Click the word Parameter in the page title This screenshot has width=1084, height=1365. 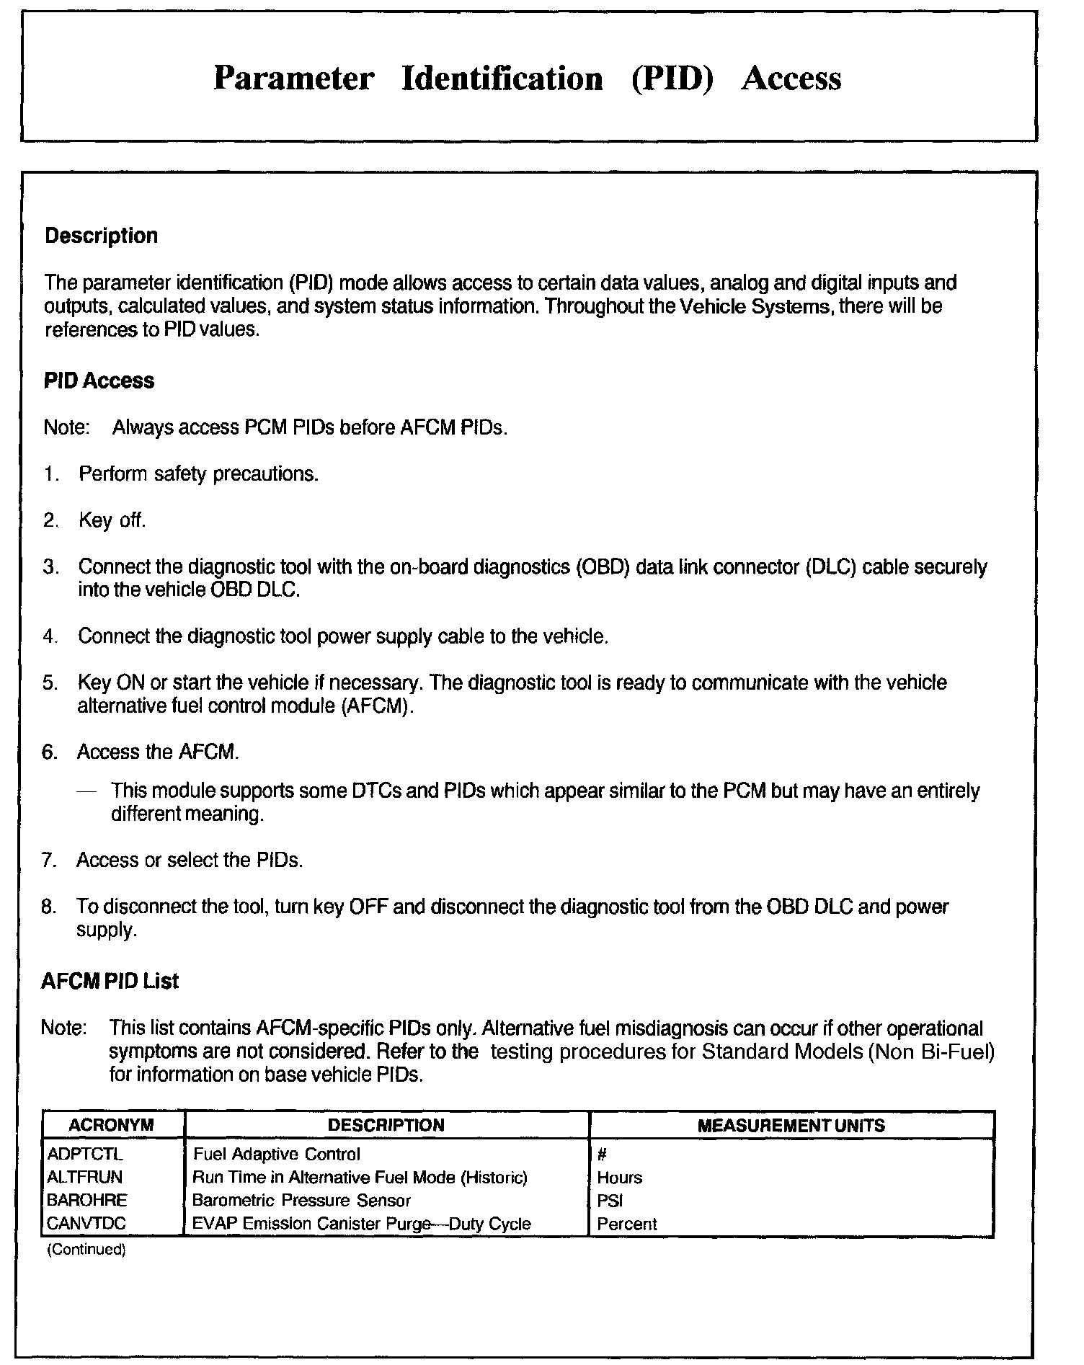(293, 78)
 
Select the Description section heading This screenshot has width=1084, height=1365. (101, 236)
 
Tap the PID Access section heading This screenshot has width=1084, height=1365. (99, 381)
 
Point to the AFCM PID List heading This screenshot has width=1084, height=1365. (110, 981)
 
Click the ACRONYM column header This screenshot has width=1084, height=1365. (112, 1125)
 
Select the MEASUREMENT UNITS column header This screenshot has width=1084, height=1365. (791, 1125)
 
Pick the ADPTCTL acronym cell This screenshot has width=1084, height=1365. (85, 1154)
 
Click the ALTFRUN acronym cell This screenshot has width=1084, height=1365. (84, 1177)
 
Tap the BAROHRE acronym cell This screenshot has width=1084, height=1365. (86, 1200)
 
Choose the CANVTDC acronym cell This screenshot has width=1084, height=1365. (87, 1223)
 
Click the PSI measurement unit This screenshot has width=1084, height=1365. (610, 1201)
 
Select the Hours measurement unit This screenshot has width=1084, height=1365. (619, 1178)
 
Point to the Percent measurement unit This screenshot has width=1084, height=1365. (626, 1224)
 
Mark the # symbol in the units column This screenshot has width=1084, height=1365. (601, 1155)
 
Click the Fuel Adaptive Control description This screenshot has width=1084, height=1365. (277, 1154)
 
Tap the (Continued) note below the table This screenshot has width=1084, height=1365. (86, 1250)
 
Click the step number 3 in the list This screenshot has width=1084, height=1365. (49, 567)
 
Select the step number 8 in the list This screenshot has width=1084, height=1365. (48, 907)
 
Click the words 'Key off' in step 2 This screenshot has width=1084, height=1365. (112, 520)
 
